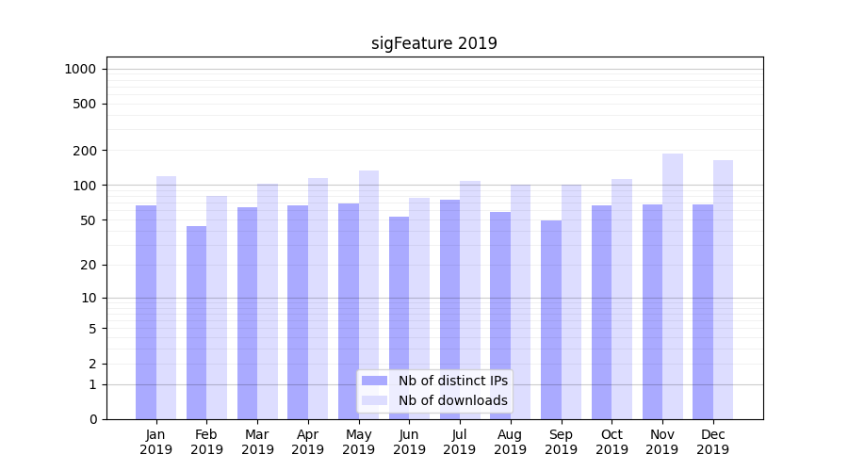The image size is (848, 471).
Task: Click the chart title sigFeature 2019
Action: [433, 43]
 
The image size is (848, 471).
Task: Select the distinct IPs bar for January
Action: [146, 311]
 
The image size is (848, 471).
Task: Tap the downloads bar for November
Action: [673, 283]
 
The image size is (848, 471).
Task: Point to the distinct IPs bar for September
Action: [551, 320]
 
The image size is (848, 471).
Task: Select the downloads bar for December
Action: [723, 287]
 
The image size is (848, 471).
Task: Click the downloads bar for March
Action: [268, 301]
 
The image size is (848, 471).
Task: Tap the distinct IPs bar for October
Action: [602, 311]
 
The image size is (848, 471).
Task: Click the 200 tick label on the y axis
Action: [86, 151]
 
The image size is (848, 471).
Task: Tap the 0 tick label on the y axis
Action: [92, 419]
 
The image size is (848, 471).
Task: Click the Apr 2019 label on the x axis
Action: [308, 442]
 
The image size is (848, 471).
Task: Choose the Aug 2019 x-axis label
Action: [511, 442]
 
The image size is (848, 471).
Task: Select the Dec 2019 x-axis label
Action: [712, 442]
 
